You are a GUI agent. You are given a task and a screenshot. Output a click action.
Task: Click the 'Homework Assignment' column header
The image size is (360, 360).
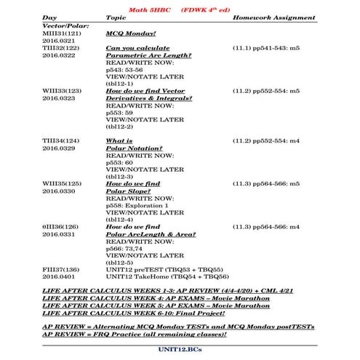[273, 17]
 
